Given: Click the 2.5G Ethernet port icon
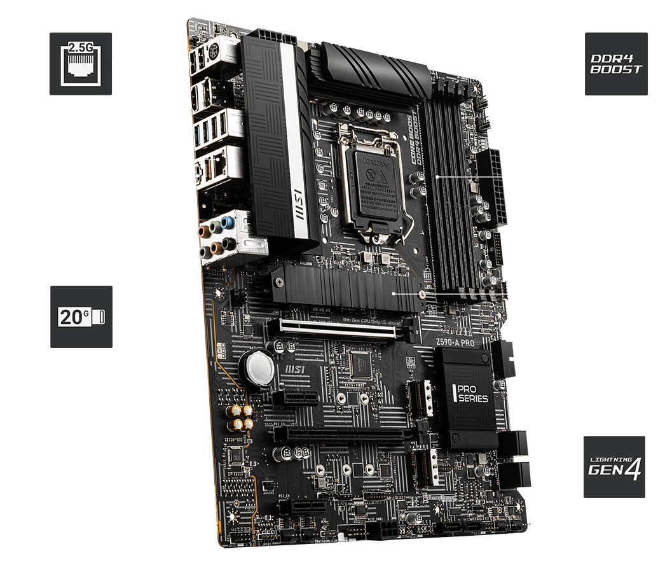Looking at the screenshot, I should click(80, 64).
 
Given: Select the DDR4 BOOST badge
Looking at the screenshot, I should click(615, 64).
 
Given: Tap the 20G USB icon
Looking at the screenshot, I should click(81, 316).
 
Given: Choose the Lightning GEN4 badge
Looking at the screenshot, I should click(614, 466).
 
